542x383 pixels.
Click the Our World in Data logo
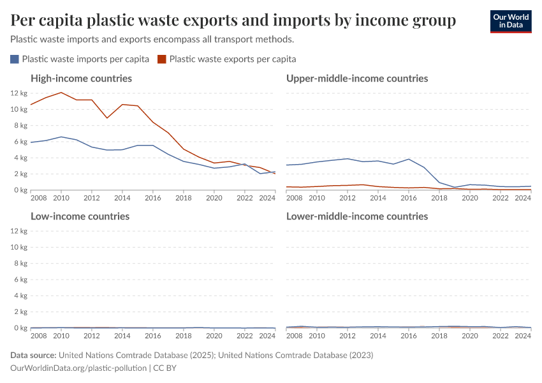coord(510,20)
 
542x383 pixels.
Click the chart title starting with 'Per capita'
coord(233,21)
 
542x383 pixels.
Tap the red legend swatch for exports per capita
coord(162,59)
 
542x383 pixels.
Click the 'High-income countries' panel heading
coord(81,79)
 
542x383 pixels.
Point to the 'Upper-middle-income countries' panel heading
coord(357,79)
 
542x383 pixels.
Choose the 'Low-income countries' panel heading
coord(80,216)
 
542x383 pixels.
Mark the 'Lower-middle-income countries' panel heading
coord(357,216)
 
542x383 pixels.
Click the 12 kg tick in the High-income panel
coord(18,93)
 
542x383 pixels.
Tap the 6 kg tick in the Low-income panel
coord(20,280)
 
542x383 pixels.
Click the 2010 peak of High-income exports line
coord(61,93)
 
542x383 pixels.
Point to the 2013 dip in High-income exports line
coord(107,118)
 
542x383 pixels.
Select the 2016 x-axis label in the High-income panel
coord(153,198)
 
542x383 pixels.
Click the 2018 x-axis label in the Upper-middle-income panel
coord(439,198)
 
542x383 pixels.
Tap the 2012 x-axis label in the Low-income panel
coord(92,336)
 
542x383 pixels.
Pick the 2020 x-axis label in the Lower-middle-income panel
coord(470,336)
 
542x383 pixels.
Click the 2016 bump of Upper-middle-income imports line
coord(409,159)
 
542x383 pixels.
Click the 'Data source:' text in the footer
coord(34,355)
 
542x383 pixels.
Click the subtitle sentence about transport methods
coord(152,40)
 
